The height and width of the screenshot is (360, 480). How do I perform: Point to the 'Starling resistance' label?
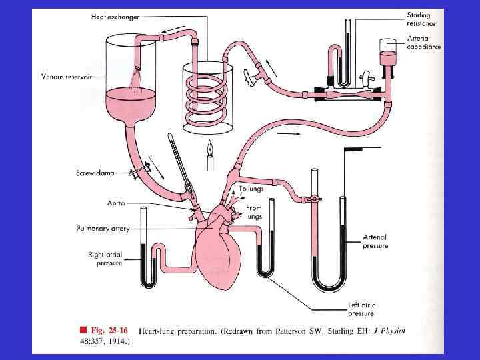click(x=422, y=19)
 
